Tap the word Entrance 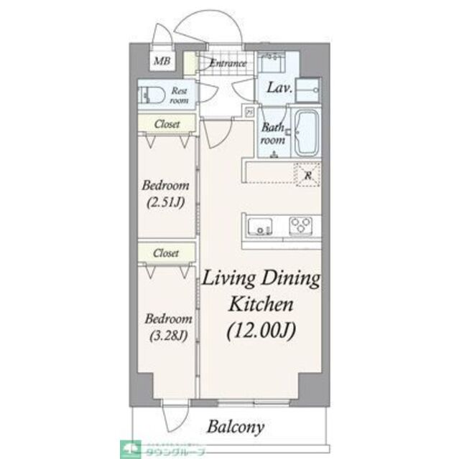pyautogui.click(x=227, y=63)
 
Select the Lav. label pyautogui.click(x=279, y=89)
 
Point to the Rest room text pyautogui.click(x=179, y=95)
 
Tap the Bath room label pyautogui.click(x=274, y=134)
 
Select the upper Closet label pyautogui.click(x=167, y=124)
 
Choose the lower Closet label pyautogui.click(x=167, y=253)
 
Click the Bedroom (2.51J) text pyautogui.click(x=167, y=193)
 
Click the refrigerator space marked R pyautogui.click(x=307, y=174)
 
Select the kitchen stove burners pyautogui.click(x=302, y=227)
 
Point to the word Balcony pyautogui.click(x=236, y=427)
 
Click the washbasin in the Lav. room pyautogui.click(x=272, y=62)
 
